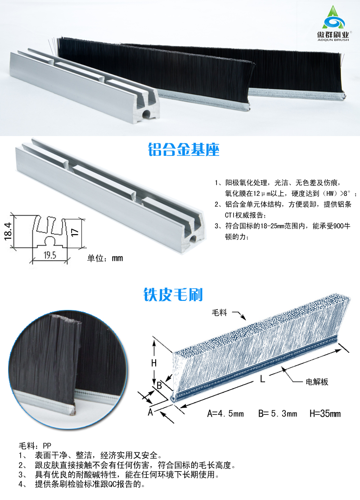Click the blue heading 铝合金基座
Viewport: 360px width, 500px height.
tap(184, 150)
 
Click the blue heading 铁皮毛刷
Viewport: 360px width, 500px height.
tap(173, 295)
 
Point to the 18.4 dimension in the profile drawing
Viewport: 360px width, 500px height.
tap(8, 231)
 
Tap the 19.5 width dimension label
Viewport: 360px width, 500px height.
tap(50, 255)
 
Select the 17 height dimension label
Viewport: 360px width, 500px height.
tap(75, 232)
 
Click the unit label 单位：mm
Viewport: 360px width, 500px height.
tap(105, 258)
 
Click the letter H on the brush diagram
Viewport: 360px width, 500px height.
tap(154, 363)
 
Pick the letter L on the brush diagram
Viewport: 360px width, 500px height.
tap(262, 379)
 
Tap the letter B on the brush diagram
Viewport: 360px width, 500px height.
tap(159, 386)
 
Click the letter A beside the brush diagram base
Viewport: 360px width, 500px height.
tap(150, 412)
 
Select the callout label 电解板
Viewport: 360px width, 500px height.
tap(317, 382)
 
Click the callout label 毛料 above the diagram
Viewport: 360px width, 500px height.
tap(220, 313)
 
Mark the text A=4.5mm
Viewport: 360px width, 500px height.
tap(225, 414)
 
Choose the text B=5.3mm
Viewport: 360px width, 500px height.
tap(278, 414)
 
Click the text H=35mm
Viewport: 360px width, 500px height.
tap(325, 414)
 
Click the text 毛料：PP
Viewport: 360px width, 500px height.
tap(35, 445)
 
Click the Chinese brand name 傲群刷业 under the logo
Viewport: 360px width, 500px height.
tap(333, 34)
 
